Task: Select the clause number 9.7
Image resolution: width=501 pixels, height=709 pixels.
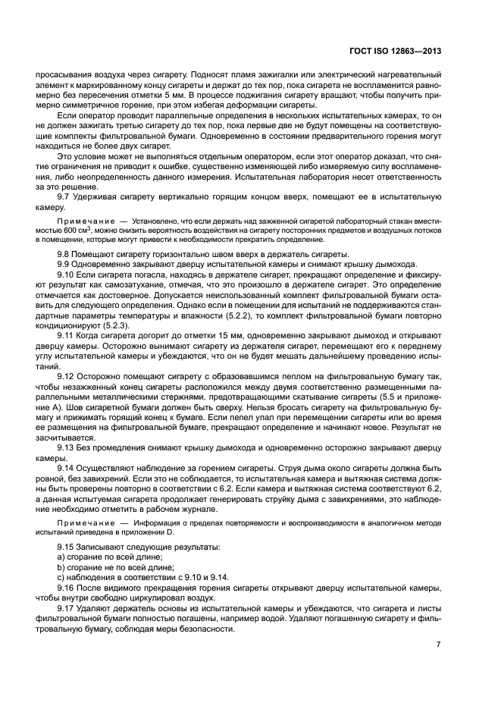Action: (65, 197)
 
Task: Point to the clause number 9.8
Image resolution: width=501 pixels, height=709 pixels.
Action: (65, 253)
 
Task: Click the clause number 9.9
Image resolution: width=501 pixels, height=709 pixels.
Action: (65, 264)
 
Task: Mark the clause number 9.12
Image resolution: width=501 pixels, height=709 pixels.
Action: (67, 375)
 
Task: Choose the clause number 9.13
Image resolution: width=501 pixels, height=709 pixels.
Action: (67, 447)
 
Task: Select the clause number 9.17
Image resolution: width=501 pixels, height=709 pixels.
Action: (67, 608)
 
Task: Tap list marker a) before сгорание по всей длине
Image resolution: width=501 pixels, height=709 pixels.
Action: (61, 557)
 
